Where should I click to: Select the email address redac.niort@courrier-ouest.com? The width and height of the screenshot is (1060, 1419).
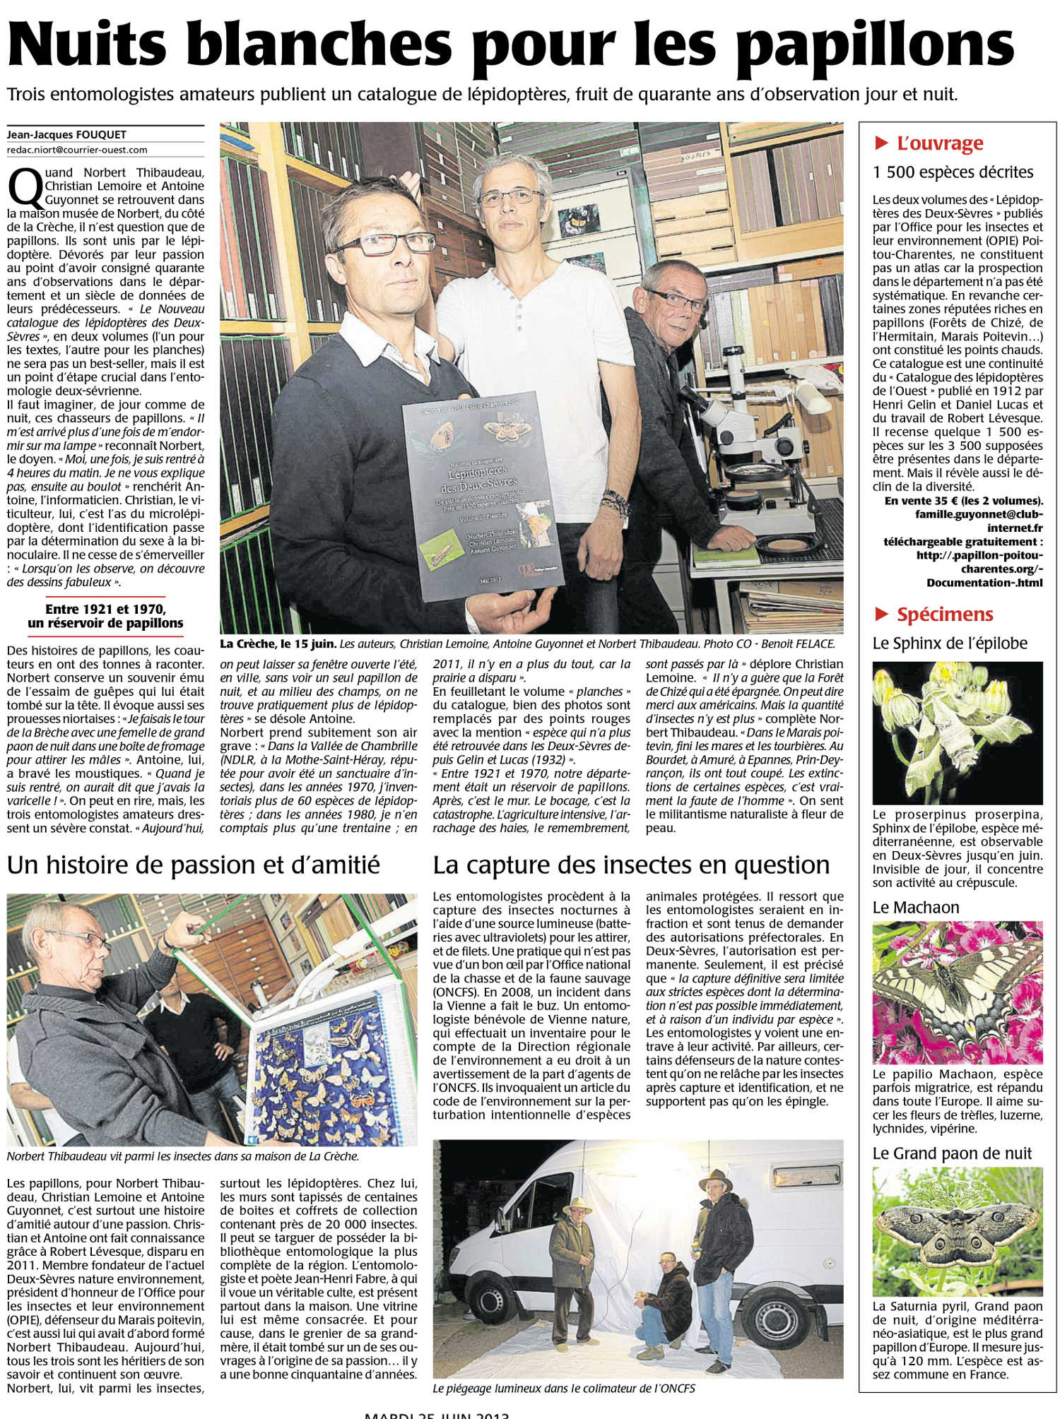pyautogui.click(x=77, y=150)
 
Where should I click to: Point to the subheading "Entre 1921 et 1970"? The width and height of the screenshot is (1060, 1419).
pyautogui.click(x=105, y=609)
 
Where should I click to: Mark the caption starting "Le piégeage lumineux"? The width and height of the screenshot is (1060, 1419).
pyautogui.click(x=564, y=1388)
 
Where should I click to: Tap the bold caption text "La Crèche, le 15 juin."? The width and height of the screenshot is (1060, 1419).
pyautogui.click(x=278, y=643)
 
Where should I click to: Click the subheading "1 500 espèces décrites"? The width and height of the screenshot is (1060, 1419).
pyautogui.click(x=953, y=172)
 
